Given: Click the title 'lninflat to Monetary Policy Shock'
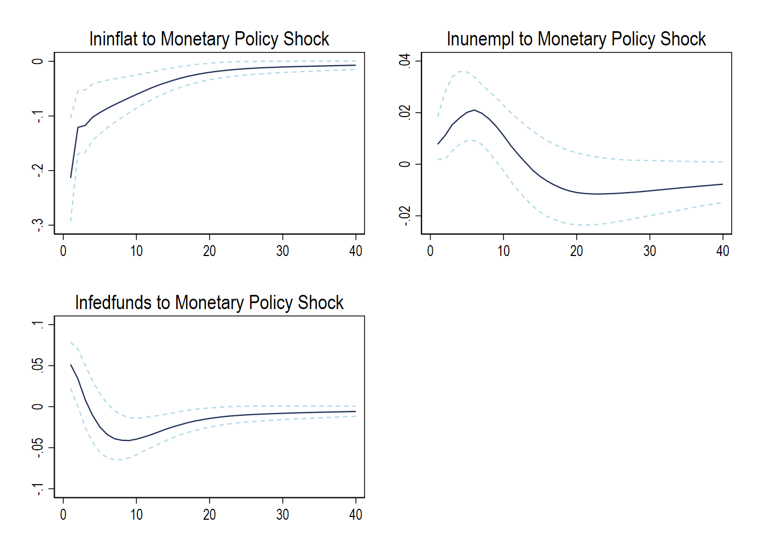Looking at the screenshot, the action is pos(209,39).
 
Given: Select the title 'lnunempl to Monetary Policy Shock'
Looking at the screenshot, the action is pos(576,39).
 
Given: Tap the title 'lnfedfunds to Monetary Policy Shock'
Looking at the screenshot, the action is pos(209,303).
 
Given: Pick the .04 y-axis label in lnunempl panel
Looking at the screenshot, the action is pos(404,61).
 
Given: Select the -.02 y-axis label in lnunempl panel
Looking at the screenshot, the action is pos(404,216).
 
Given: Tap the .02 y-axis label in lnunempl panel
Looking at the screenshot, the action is pos(404,113).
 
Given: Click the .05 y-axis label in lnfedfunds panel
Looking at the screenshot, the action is pos(38,366).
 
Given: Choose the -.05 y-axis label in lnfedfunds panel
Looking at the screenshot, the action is pos(38,448).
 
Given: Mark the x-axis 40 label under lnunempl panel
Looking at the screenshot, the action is pos(723,251).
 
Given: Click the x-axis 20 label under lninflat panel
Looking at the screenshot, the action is pos(210,251).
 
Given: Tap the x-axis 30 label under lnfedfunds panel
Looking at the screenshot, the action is pos(282,515).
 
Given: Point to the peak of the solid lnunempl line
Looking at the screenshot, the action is pos(474,110).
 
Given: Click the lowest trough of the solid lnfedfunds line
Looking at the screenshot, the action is pos(125,440).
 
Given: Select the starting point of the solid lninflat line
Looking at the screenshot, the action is pos(71,177).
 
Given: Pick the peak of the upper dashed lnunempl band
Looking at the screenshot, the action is pos(461,71).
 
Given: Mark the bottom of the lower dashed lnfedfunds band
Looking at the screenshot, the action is pos(119,460).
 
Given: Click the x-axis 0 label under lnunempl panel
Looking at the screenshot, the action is pos(430,251).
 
